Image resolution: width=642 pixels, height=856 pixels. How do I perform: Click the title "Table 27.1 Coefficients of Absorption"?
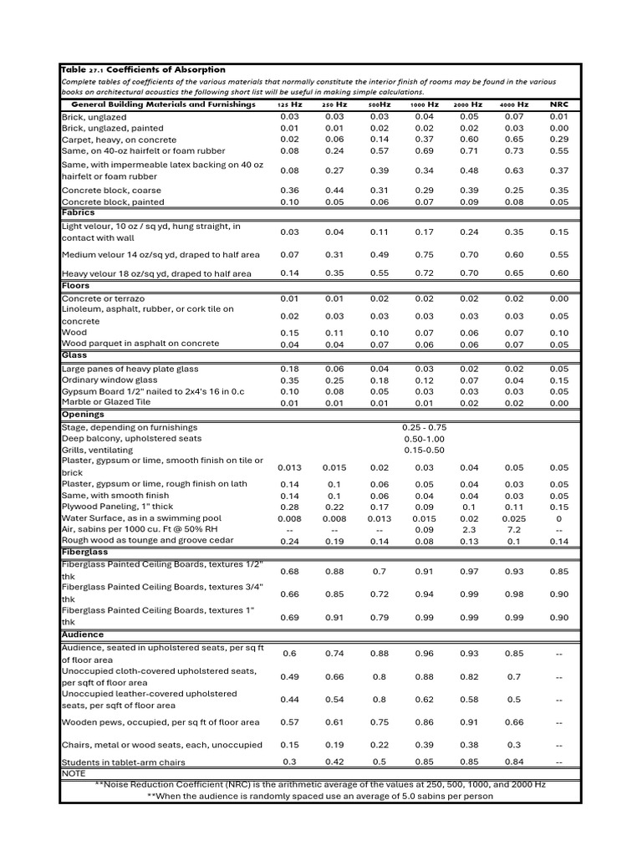(143, 69)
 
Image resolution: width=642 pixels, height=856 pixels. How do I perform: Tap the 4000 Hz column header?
(514, 104)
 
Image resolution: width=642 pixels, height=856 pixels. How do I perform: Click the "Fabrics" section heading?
(79, 212)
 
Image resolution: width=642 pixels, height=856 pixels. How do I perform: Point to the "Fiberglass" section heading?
(84, 552)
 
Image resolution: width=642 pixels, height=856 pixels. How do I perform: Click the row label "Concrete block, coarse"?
(111, 191)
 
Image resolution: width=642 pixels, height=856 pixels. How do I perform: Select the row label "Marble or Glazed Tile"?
(106, 401)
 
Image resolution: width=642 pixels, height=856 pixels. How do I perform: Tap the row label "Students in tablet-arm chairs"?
(123, 762)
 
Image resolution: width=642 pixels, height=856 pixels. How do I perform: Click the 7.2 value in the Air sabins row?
(514, 529)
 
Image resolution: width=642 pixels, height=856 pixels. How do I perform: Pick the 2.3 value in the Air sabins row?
(469, 529)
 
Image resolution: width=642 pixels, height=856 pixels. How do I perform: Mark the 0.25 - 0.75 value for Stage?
(424, 427)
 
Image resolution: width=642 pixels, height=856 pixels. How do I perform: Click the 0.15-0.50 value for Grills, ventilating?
(424, 450)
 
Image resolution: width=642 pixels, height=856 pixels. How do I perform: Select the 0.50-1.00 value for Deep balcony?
(424, 438)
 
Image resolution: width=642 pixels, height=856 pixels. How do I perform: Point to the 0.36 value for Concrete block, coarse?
(289, 191)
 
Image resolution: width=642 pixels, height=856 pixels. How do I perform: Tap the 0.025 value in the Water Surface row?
(514, 518)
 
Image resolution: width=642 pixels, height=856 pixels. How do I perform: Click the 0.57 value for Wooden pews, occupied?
(289, 722)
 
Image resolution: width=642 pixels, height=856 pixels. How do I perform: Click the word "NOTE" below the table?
(74, 773)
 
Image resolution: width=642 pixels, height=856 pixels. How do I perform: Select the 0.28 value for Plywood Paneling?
(289, 507)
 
